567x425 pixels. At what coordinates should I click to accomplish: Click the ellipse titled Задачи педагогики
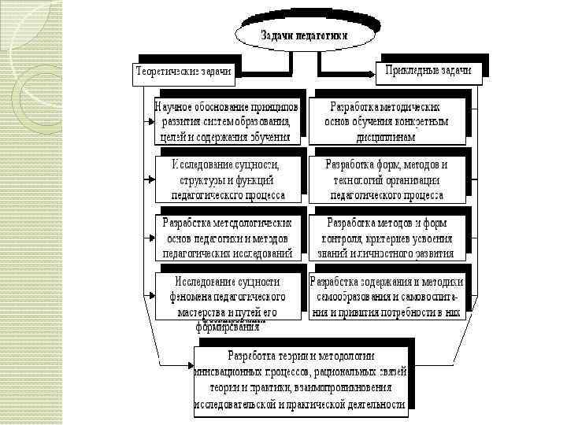[302, 35]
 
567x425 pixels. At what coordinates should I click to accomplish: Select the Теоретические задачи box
[184, 71]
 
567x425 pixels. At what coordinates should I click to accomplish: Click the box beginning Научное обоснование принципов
[226, 120]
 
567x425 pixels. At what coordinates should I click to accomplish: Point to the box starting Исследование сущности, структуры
[226, 179]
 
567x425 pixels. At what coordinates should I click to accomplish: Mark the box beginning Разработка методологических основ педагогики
[226, 237]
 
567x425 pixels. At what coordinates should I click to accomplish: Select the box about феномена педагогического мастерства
[226, 297]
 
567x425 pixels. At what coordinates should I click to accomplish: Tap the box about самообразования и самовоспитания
[387, 297]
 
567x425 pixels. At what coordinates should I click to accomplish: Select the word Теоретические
[165, 71]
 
